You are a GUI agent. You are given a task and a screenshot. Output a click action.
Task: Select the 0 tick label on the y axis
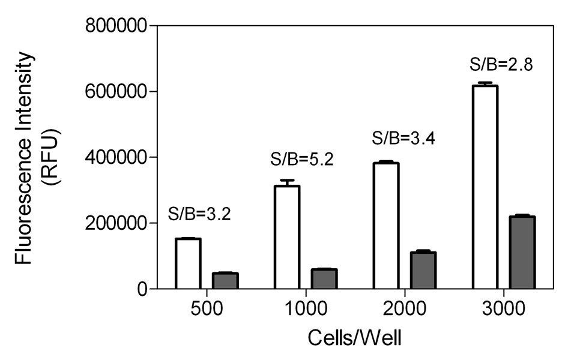[140, 289]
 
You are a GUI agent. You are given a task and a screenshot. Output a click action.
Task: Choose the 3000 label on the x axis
[503, 309]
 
